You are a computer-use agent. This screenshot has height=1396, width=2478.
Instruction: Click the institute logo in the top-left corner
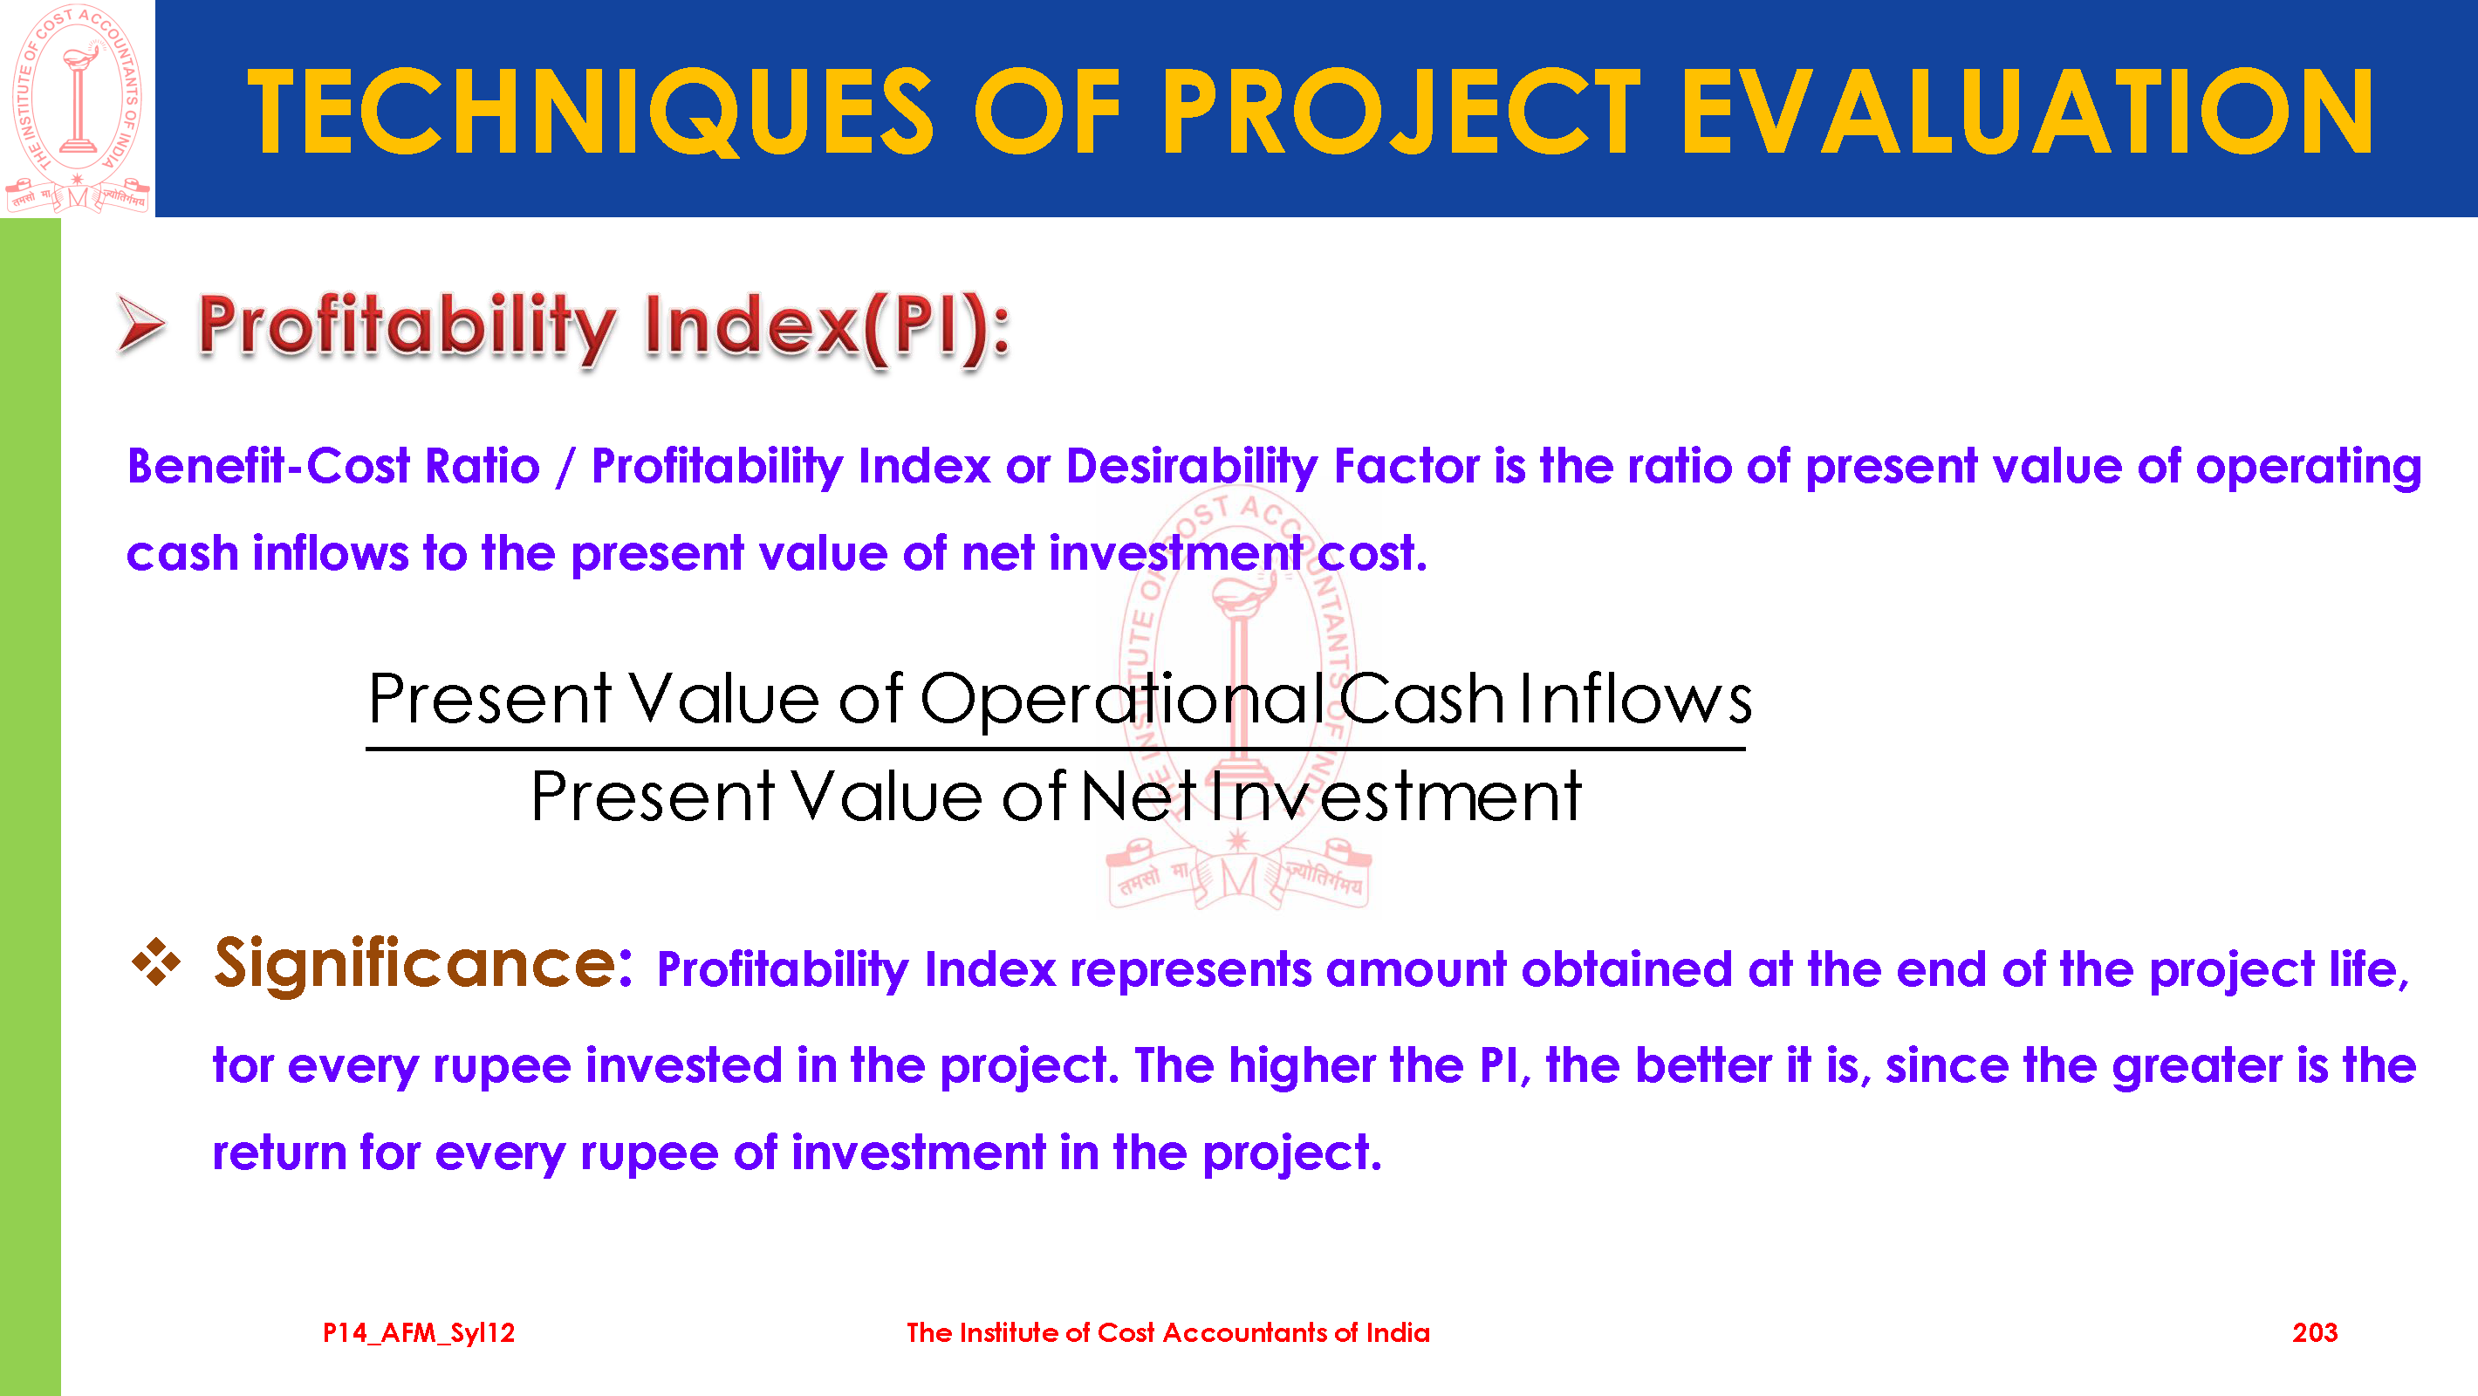[x=77, y=108]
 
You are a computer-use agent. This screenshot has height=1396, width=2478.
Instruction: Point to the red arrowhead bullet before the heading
[x=140, y=324]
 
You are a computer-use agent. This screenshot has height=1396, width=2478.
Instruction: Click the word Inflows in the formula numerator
[x=1635, y=699]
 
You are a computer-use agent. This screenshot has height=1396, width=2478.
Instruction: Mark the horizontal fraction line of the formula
[x=1055, y=749]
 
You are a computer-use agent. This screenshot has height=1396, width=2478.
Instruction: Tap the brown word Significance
[x=422, y=964]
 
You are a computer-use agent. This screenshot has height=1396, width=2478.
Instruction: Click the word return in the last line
[x=279, y=1153]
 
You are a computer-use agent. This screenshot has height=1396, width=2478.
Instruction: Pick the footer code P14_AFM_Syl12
[x=419, y=1332]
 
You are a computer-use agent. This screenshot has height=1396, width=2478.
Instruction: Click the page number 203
[x=2315, y=1332]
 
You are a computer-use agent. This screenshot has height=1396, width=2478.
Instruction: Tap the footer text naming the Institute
[x=1167, y=1332]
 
